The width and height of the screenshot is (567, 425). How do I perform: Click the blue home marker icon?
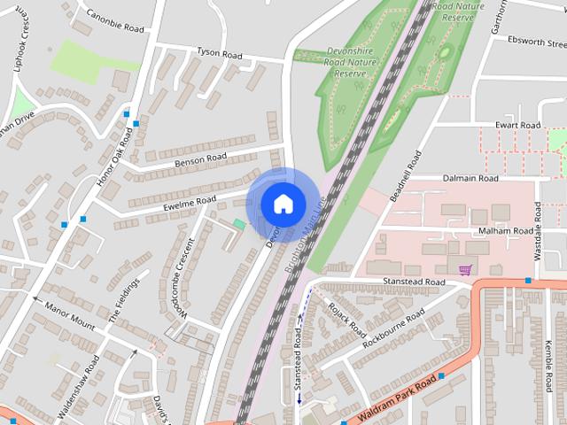tap(283, 204)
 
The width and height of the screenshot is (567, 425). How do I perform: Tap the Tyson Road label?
tap(219, 55)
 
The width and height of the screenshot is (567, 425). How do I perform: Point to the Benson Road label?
tap(201, 159)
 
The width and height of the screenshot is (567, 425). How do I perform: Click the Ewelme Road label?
tap(190, 203)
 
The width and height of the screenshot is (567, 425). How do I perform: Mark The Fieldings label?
tap(124, 301)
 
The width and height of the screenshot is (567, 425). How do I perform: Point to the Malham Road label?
tap(506, 231)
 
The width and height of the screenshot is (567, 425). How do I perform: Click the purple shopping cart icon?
tap(465, 268)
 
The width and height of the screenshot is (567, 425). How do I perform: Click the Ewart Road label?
tap(517, 126)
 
